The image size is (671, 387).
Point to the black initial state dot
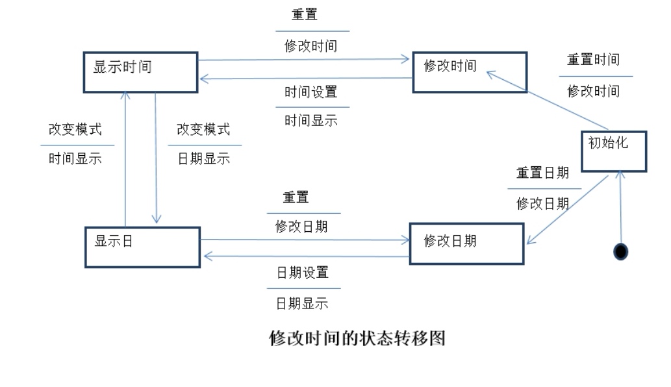(620, 251)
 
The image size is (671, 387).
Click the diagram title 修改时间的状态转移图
(357, 338)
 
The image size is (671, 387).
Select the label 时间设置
(310, 92)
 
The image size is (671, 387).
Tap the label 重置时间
(593, 60)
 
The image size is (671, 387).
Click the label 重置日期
(542, 173)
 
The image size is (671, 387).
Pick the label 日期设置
(303, 273)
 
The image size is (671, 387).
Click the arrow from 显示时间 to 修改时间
(303, 60)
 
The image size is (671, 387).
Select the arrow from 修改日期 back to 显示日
(307, 256)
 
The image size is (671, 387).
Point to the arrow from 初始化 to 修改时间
(548, 100)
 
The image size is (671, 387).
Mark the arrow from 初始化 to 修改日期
(568, 210)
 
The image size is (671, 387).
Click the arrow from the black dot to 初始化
(620, 207)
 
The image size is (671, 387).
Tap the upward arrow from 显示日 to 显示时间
(125, 159)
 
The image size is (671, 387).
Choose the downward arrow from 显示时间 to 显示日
(156, 158)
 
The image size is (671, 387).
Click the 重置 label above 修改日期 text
(296, 197)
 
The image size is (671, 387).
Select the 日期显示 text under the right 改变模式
(204, 158)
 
